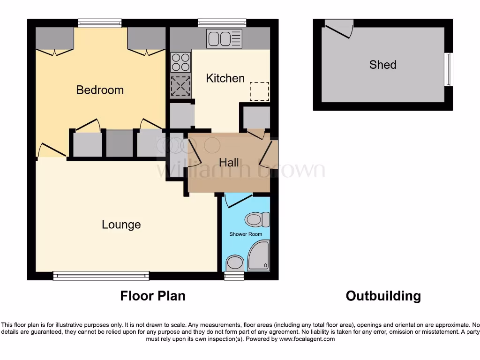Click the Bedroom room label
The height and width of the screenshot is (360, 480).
click(x=100, y=90)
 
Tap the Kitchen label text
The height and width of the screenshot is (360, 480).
click(x=225, y=78)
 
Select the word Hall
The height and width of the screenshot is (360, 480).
click(x=229, y=163)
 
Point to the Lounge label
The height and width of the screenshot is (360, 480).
click(x=121, y=225)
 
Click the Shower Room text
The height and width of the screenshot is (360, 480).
click(x=246, y=234)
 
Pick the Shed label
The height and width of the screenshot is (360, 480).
click(x=382, y=65)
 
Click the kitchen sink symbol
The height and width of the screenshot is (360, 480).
click(x=225, y=38)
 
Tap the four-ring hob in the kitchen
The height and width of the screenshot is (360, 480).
click(x=180, y=62)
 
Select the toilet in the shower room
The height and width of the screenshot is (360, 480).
click(x=257, y=219)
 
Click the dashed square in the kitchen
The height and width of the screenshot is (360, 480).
click(x=259, y=91)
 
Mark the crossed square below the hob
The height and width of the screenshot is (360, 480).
click(x=180, y=86)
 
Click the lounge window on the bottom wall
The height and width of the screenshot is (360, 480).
click(x=101, y=276)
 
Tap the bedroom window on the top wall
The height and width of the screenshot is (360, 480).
click(x=100, y=23)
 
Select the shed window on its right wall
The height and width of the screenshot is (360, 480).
click(x=449, y=69)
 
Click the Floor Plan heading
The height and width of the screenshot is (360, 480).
click(x=153, y=296)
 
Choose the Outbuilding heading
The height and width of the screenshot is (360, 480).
click(x=383, y=296)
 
